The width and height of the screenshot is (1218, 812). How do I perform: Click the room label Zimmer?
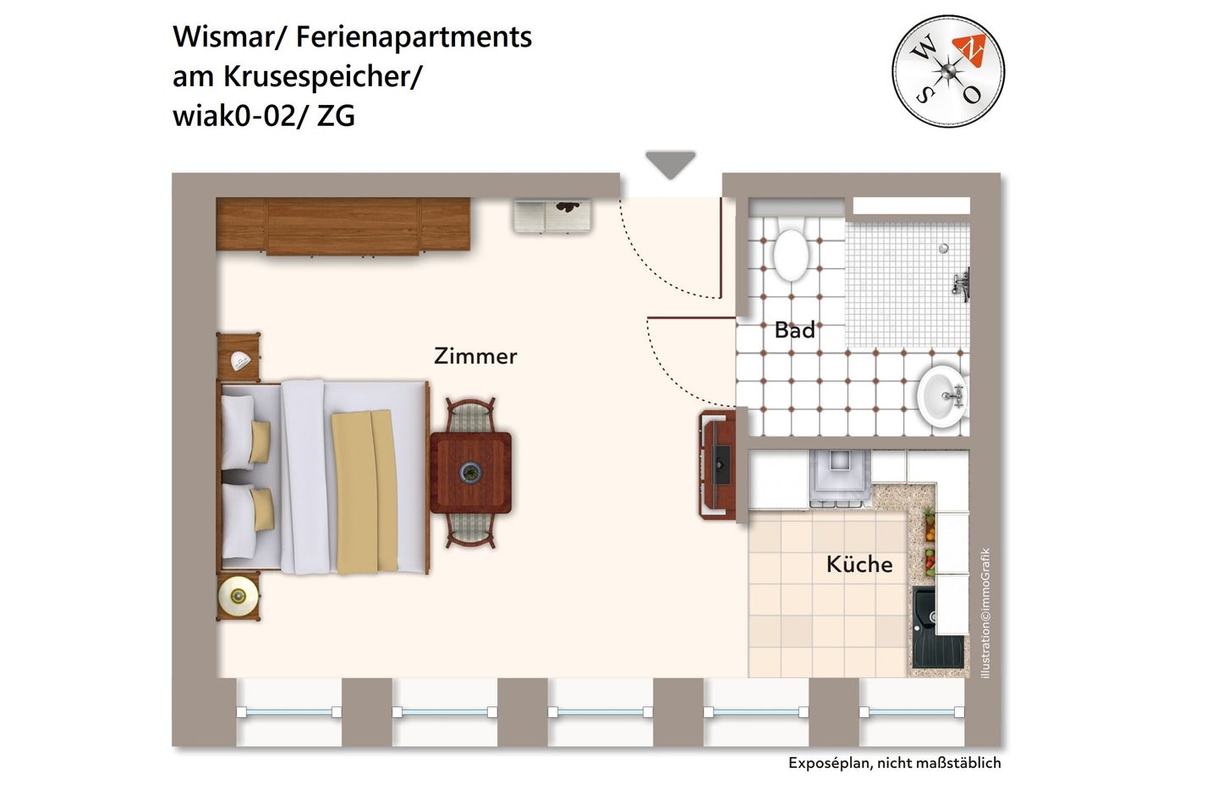(x=475, y=356)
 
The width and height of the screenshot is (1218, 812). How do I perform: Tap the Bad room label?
(x=795, y=330)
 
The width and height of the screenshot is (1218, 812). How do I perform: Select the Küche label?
(x=859, y=564)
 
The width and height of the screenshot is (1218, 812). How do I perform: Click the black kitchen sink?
(x=936, y=628)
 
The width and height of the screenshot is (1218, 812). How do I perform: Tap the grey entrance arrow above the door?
(x=671, y=164)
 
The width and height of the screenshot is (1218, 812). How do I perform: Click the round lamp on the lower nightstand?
(x=238, y=595)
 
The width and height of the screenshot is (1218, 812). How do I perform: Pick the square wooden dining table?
(x=470, y=473)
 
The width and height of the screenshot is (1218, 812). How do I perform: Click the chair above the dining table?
(x=470, y=414)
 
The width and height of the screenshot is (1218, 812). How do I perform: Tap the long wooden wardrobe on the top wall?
(x=343, y=225)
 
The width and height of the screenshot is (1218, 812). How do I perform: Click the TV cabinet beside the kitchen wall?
(x=717, y=464)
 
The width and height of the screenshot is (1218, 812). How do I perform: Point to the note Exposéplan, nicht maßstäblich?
(x=894, y=763)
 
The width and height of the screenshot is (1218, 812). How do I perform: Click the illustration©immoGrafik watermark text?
(x=985, y=613)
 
